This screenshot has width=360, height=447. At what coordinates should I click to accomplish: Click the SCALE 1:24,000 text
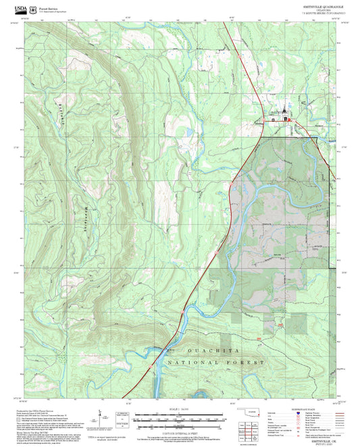pos(180,410)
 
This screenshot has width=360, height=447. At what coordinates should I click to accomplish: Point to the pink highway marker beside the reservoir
pos(150,365)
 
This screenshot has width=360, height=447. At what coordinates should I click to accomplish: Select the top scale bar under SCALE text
pos(180,415)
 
